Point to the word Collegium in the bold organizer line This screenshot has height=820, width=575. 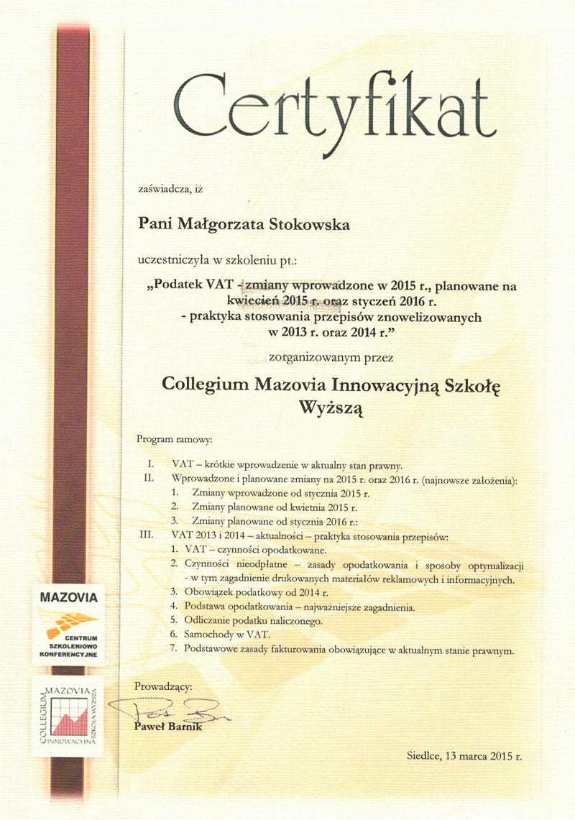tap(206, 384)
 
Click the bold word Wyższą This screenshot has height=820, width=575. tap(331, 408)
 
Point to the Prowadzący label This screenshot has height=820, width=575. tap(163, 686)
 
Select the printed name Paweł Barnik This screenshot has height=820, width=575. tap(168, 728)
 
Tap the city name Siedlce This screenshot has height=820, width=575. tap(424, 756)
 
